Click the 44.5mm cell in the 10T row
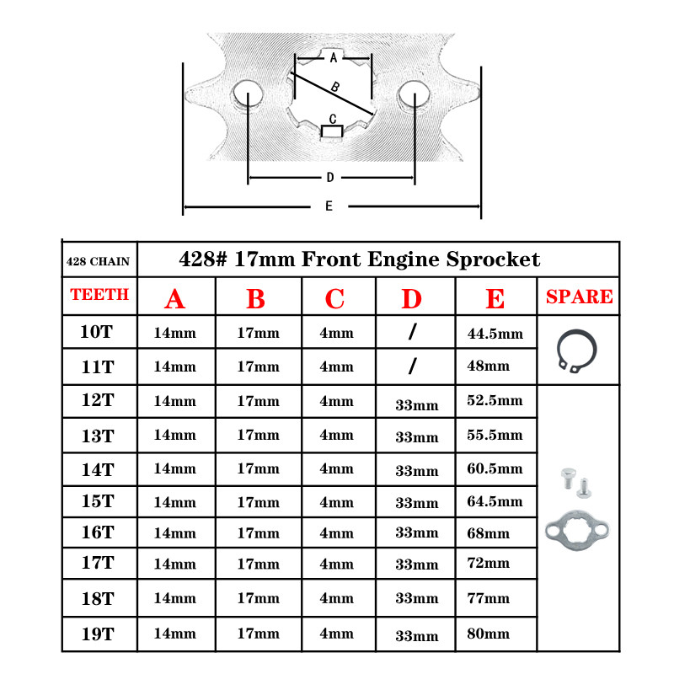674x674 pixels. (x=495, y=334)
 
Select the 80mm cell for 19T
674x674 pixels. (x=488, y=633)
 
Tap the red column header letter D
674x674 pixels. (x=411, y=298)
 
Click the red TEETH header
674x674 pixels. (x=99, y=295)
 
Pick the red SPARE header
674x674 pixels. (x=579, y=297)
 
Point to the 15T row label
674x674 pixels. (x=97, y=500)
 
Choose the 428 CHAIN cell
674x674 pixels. (x=98, y=261)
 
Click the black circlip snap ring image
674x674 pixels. (x=577, y=350)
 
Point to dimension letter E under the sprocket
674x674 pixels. (x=329, y=206)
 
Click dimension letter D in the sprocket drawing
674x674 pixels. (x=330, y=178)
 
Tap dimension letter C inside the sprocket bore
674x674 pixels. (x=333, y=119)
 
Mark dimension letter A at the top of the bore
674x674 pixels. (x=334, y=58)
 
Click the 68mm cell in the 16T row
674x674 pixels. (x=488, y=533)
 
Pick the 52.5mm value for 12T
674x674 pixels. (x=495, y=400)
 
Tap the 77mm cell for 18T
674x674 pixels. (x=488, y=598)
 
